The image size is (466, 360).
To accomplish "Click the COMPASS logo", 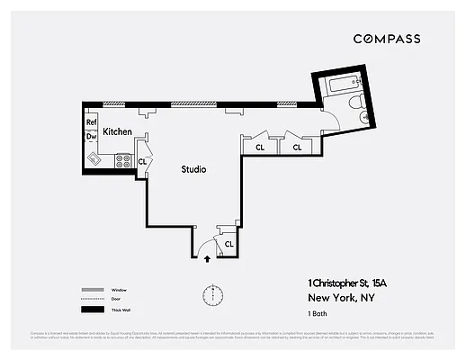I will (x=386, y=39).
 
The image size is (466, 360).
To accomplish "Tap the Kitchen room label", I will (x=117, y=132).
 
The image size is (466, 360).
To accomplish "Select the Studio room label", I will (x=193, y=169).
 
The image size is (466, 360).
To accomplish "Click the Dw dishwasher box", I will (x=91, y=137).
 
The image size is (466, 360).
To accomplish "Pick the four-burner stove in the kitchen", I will (x=124, y=161).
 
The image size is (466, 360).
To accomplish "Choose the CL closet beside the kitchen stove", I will (x=142, y=161).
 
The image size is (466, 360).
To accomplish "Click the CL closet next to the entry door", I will (x=229, y=244).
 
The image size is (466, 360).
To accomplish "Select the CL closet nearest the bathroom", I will (x=296, y=146).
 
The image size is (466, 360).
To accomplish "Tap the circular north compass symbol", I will (x=213, y=294).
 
